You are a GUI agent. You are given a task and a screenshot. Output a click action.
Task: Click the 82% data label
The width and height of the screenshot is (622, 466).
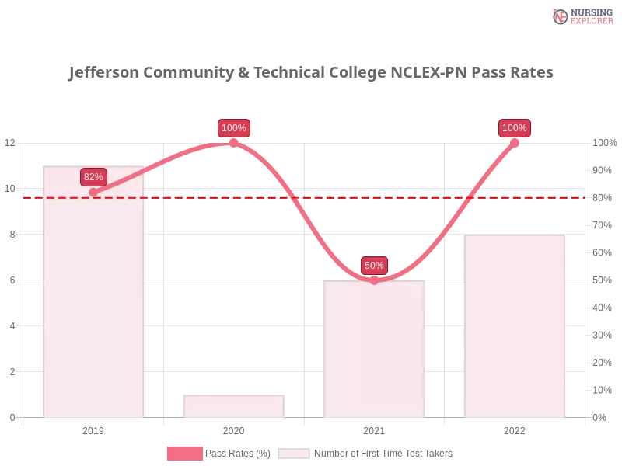point(93,177)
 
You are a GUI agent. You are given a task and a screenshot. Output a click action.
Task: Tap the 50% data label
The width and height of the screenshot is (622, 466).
point(374,266)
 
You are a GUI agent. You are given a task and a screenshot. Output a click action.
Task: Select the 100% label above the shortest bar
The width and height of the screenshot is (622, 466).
point(233,128)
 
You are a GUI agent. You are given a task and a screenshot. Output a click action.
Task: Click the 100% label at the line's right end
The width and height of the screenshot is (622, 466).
point(514,128)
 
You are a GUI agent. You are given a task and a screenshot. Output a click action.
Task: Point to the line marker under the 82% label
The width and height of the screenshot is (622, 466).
point(93,193)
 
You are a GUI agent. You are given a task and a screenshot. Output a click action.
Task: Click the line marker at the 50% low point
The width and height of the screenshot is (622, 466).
point(374,280)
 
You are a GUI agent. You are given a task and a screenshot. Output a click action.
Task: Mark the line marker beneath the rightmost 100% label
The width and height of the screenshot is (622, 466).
point(514,142)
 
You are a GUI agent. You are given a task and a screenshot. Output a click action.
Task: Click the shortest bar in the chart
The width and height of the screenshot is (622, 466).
point(233,405)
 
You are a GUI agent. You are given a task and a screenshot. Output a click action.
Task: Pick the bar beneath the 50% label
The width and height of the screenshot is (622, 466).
point(376,349)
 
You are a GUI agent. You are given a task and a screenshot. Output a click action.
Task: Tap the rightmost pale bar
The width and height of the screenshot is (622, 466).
point(513,326)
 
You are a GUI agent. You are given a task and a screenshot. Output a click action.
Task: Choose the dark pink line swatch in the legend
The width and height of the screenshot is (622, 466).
point(184,454)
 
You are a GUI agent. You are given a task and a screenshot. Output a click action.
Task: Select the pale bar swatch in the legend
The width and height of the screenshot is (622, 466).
point(294,454)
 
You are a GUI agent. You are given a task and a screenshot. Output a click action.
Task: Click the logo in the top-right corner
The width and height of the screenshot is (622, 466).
point(581,16)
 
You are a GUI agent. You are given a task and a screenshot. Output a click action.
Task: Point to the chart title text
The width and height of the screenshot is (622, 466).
point(308,74)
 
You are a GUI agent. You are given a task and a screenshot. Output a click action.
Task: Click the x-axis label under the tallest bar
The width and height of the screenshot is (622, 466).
point(93,429)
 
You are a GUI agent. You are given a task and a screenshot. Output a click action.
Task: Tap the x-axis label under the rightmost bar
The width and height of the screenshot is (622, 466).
point(514,429)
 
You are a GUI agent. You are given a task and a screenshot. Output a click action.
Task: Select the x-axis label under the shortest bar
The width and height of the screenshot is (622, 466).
point(233,429)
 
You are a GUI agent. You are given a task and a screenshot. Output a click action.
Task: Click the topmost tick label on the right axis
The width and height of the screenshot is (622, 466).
point(603,143)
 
